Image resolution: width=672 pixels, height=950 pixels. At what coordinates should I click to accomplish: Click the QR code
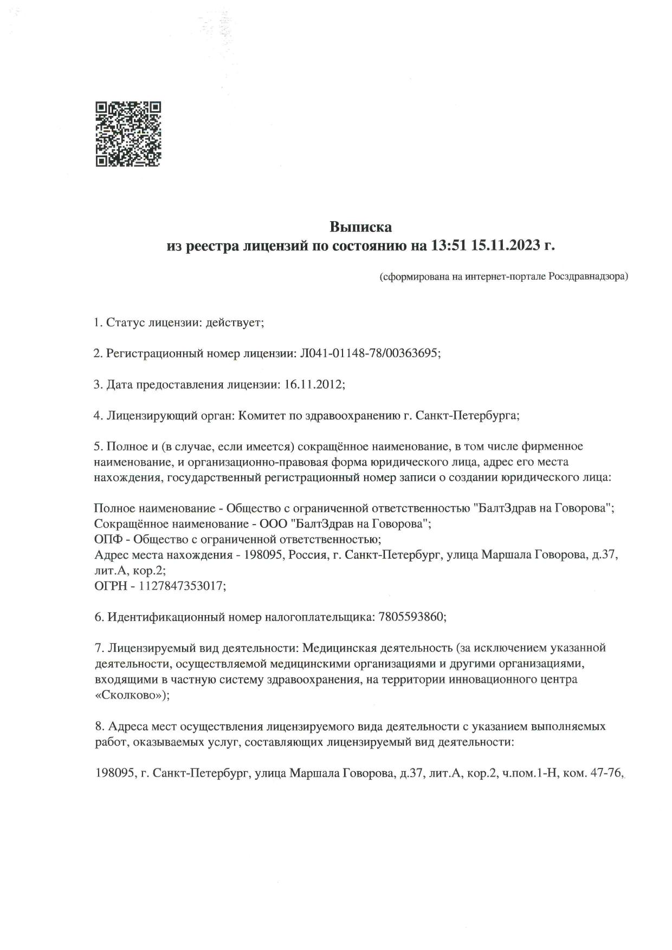tap(128, 134)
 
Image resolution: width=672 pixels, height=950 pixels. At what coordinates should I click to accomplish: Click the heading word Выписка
tap(361, 226)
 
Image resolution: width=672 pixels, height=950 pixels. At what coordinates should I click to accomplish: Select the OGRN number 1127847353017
tap(182, 586)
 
